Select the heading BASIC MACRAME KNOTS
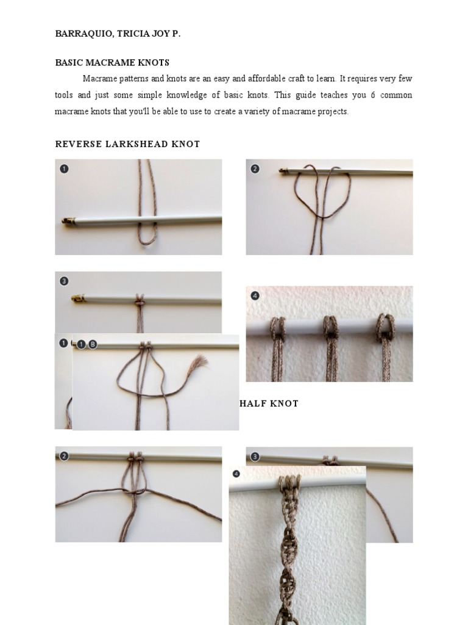(112, 63)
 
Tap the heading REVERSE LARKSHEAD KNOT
(127, 144)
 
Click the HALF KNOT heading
(269, 403)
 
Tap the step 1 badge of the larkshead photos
(64, 169)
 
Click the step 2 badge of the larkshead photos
(255, 169)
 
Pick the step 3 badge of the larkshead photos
(64, 281)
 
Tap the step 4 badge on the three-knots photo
(255, 296)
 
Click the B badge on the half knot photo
(92, 344)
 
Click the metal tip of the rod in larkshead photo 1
(68, 220)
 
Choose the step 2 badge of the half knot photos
(64, 456)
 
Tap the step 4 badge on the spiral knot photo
(236, 474)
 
